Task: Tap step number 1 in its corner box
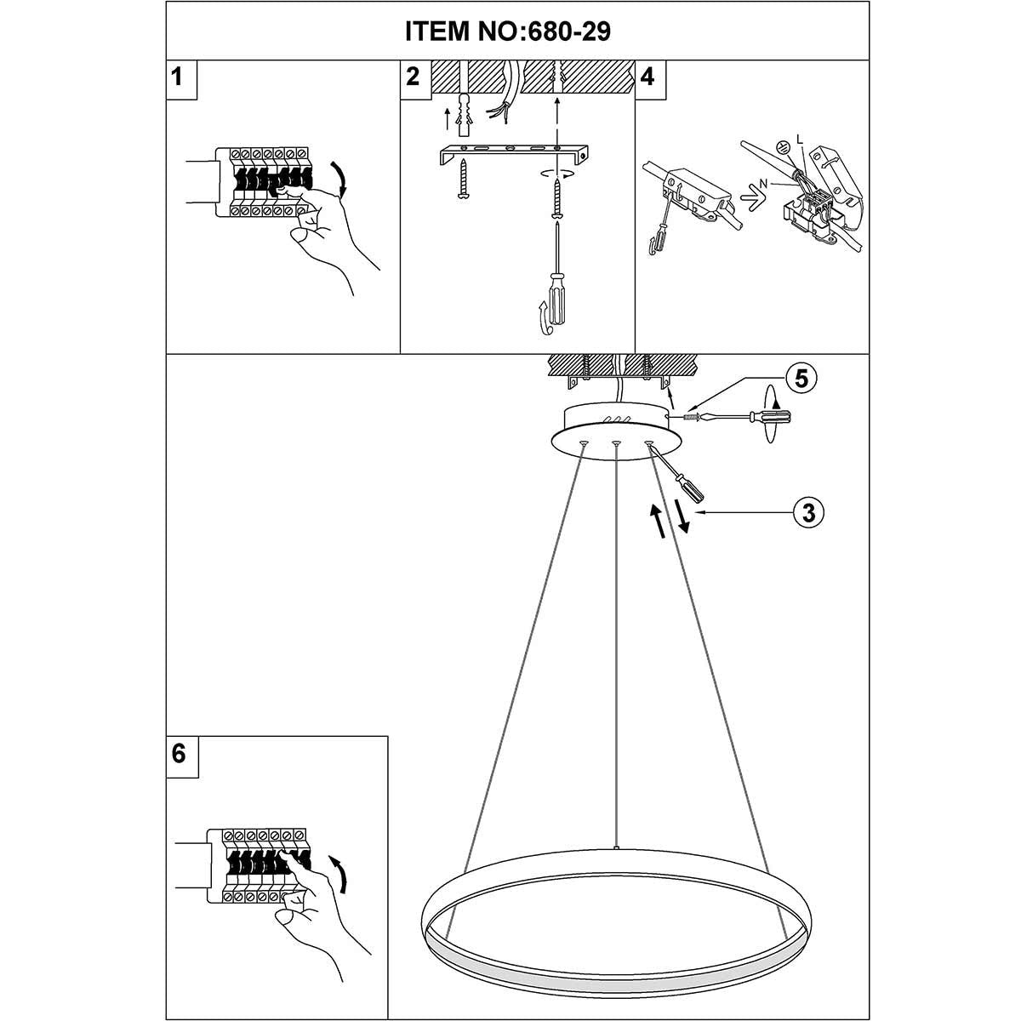[x=177, y=77]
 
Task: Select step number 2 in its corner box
[x=413, y=77]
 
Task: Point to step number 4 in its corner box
[x=647, y=77]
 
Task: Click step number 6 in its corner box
[x=179, y=753]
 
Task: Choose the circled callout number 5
[x=801, y=379]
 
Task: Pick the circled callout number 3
[x=808, y=512]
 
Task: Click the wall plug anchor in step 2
[x=465, y=115]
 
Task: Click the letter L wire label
[x=800, y=140]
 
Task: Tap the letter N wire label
[x=763, y=183]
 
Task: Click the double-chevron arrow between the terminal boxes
[x=753, y=201]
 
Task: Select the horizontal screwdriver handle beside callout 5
[x=770, y=418]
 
